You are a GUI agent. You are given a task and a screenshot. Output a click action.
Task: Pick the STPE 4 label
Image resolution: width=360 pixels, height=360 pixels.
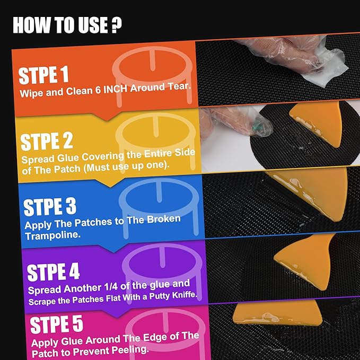click(53, 271)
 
